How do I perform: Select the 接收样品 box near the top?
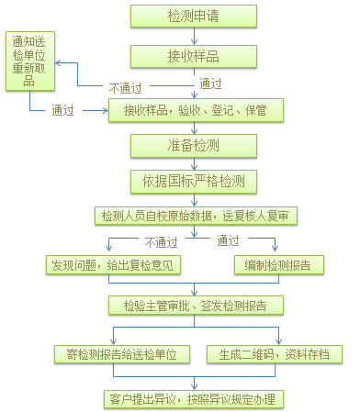[x=193, y=57]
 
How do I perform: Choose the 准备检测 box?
[x=193, y=146]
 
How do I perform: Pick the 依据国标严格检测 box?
[x=193, y=181]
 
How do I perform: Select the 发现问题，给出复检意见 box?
[x=114, y=265]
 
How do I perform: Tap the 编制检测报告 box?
[x=277, y=265]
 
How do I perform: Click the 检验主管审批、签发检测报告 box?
[x=196, y=304]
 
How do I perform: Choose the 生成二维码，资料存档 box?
[x=274, y=353]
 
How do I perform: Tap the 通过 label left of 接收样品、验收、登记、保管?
[x=63, y=111]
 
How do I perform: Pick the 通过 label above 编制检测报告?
[x=227, y=242]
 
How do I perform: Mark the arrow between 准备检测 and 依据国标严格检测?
[x=193, y=163]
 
